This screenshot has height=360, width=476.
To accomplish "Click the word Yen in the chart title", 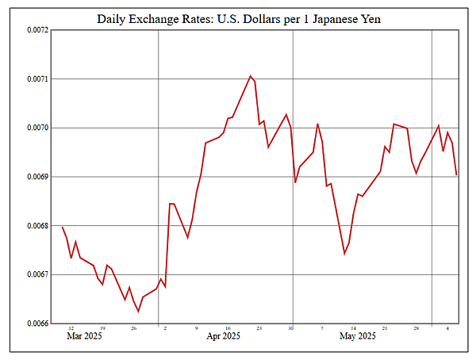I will point(370,17).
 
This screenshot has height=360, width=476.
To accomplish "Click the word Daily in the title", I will point(114,17).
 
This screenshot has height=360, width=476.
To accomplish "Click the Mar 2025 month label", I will point(83,337).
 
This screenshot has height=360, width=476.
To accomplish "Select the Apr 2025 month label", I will point(223,337).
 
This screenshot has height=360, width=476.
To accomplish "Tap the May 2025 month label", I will point(358,337).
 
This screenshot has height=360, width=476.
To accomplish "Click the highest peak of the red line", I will point(251,76).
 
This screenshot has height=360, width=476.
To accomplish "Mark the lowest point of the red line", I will point(138,311).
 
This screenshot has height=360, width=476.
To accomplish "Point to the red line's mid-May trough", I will point(344,254).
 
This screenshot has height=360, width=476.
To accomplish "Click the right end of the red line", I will point(457,175).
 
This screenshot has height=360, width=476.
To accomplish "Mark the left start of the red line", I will point(62,228).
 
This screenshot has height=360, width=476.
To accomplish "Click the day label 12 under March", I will point(71,328).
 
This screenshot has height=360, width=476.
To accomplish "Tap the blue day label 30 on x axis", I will point(291,328).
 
